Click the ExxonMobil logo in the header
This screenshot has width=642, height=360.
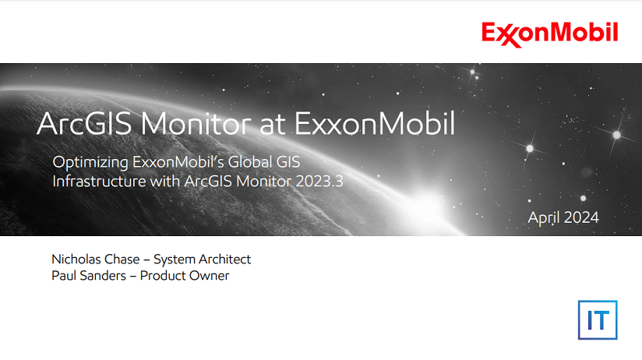coord(549,34)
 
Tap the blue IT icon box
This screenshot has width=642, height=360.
coord(597,319)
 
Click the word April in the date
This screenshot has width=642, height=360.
coord(544,217)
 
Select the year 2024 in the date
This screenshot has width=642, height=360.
coord(580,217)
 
